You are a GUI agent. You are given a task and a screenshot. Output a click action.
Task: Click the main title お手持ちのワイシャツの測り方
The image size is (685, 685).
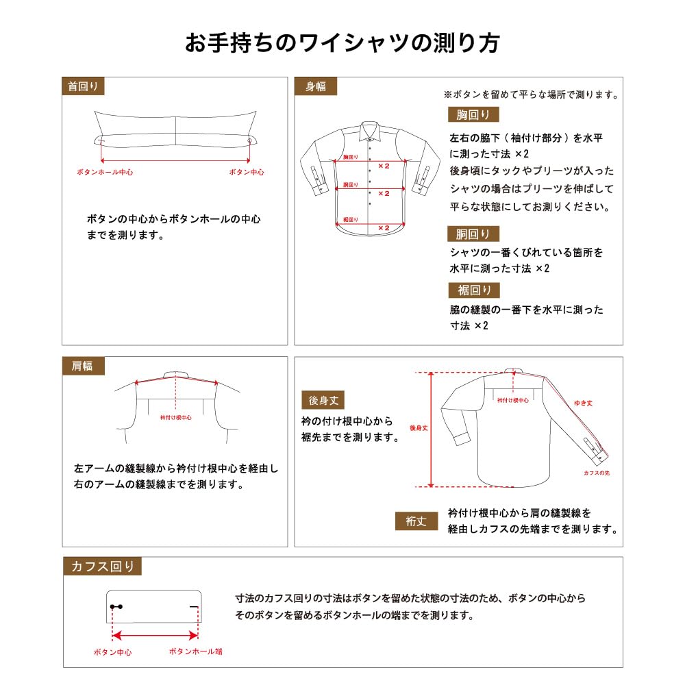(x=342, y=42)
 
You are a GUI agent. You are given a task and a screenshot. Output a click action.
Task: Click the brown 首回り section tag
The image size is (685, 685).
(x=83, y=86)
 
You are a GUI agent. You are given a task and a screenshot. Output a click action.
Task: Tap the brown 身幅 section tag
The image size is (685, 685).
(x=315, y=86)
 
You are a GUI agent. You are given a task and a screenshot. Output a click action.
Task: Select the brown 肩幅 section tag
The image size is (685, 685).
(x=83, y=366)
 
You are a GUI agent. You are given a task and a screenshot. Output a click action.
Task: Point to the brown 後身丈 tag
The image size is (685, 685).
(x=323, y=400)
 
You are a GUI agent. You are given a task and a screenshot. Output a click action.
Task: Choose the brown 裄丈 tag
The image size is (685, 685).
(x=416, y=521)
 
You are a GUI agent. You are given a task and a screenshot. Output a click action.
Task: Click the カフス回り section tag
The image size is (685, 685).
(x=102, y=566)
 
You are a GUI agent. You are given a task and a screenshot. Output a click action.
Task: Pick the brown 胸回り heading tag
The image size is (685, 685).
(x=473, y=114)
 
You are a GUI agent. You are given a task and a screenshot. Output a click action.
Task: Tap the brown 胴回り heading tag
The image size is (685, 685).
(x=473, y=234)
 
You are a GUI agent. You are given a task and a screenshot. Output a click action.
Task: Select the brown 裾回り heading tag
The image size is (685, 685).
(x=474, y=290)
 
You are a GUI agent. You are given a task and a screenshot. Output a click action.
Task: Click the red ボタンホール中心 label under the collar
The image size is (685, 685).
(x=105, y=172)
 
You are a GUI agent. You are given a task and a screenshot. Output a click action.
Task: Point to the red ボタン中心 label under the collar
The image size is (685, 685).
(x=247, y=172)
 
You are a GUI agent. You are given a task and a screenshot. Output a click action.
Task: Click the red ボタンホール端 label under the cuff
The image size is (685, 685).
(x=196, y=651)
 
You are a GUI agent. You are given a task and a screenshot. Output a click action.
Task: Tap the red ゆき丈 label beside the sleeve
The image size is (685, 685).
(x=583, y=403)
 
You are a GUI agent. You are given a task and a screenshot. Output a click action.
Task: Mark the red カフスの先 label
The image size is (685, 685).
(x=597, y=473)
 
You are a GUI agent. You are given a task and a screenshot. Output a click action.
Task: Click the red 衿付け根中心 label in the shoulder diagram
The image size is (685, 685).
(x=175, y=418)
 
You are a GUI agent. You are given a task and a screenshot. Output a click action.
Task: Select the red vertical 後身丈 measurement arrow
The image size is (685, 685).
(x=431, y=429)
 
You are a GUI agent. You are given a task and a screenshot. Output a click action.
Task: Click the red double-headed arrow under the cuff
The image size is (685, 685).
(x=155, y=636)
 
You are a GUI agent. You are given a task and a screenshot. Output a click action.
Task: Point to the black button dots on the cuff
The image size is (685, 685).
(x=116, y=607)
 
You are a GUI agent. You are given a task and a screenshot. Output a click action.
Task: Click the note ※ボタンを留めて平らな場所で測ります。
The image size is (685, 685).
(x=531, y=95)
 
